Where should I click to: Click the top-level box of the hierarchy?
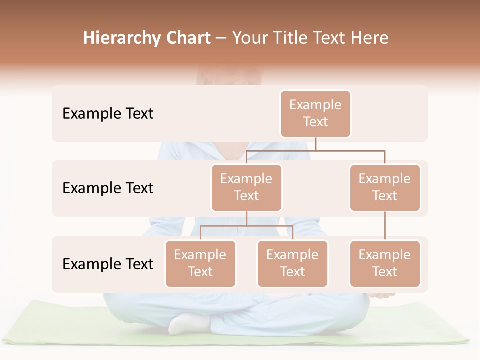[315, 114]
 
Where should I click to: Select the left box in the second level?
[246, 188]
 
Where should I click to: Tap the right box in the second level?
[385, 188]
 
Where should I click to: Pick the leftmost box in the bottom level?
[200, 264]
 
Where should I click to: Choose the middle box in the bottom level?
[292, 264]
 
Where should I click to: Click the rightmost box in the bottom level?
[385, 264]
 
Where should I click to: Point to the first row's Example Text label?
[108, 114]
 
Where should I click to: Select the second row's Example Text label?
[108, 188]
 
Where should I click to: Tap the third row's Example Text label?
[108, 264]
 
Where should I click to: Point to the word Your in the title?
[249, 38]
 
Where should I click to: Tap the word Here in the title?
[369, 38]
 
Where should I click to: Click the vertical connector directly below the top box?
[315, 144]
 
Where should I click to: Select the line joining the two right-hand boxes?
[385, 226]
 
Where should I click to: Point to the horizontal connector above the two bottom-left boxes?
[246, 226]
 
